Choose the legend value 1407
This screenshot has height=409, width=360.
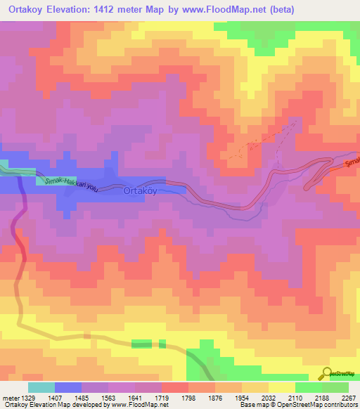point(68,397)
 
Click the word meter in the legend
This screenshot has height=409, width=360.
point(9,397)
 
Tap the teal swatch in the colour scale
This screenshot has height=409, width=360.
point(41,387)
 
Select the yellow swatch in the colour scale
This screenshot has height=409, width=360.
point(282,387)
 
